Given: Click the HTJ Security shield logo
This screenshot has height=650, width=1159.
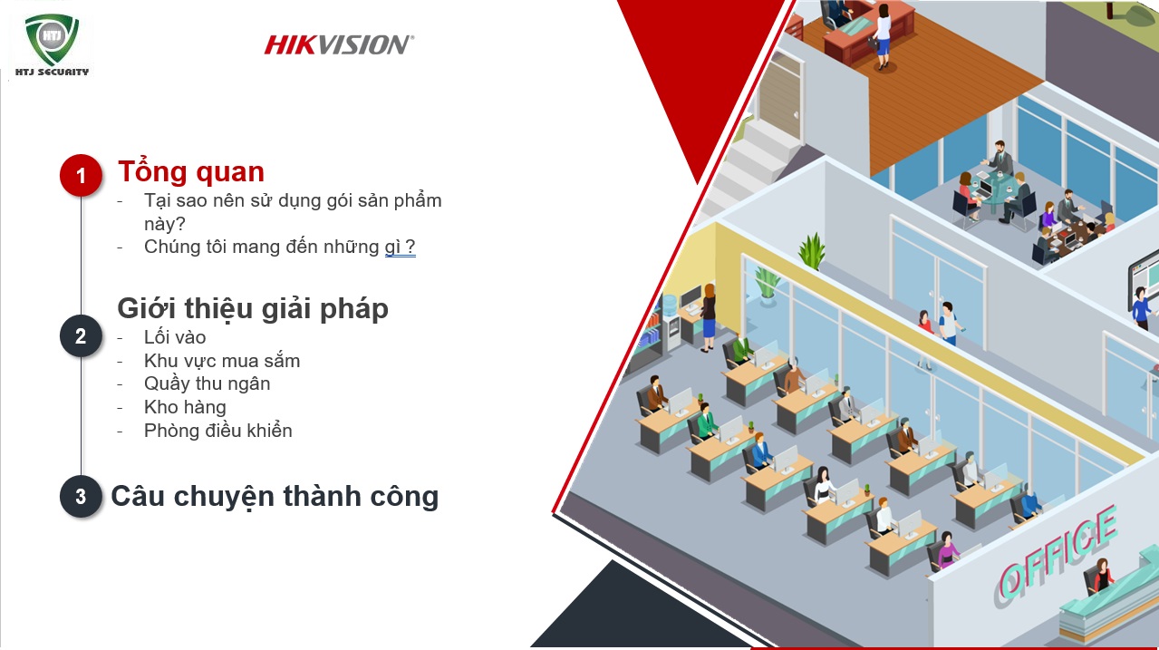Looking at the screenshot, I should point(53,40).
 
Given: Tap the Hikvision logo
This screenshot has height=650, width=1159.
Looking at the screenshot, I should point(339,44).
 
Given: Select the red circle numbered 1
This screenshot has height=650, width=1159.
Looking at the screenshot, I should point(81,175).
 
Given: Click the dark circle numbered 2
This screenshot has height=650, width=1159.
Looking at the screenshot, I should point(81,336).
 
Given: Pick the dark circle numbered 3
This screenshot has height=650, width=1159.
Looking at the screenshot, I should point(81,497).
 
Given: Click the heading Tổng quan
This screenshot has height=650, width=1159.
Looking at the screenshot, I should point(191,171).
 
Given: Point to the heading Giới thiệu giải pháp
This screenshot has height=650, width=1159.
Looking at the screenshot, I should point(253,308).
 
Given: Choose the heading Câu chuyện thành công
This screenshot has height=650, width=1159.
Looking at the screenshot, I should point(275,496).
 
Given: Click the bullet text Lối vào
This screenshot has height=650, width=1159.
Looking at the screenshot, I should point(175,337).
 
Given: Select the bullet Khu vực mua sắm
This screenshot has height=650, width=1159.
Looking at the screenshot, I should point(222,361).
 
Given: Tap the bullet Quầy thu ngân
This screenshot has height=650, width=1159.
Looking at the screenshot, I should point(207,383).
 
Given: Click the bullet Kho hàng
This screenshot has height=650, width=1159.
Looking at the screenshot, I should point(185,407).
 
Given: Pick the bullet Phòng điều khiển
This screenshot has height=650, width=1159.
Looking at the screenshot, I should point(217,431).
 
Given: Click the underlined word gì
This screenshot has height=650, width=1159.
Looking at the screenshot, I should point(392,247).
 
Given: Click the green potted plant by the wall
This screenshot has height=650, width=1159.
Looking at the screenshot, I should point(811,249).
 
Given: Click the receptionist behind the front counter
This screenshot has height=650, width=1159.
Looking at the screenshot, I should point(1102,574).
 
